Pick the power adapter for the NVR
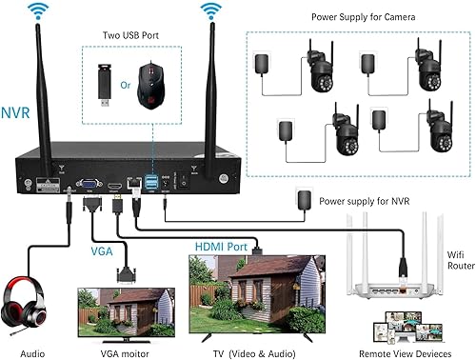coord(305,201)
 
